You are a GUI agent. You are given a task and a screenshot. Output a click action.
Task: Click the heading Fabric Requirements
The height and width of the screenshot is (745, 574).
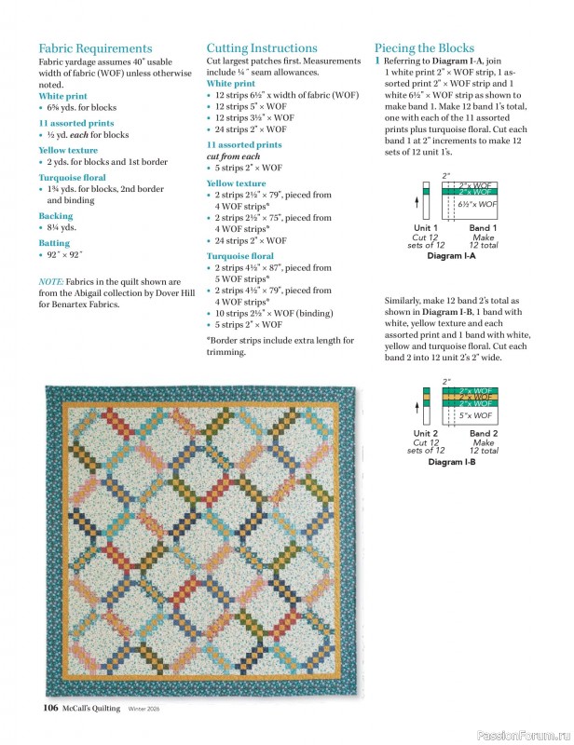pos(95,48)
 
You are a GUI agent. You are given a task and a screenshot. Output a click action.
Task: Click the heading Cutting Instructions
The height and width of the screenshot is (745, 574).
pos(262,48)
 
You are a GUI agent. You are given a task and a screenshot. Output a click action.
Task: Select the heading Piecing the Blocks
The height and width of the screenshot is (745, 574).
pos(424,48)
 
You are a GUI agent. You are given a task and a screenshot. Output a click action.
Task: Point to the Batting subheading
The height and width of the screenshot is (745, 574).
pos(56,242)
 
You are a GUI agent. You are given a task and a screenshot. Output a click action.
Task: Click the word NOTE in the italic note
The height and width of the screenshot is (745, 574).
pos(50,281)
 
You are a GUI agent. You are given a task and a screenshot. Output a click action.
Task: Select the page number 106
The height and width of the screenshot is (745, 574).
pos(51,709)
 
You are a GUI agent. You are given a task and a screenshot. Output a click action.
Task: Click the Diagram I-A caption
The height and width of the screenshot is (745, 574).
pos(451,255)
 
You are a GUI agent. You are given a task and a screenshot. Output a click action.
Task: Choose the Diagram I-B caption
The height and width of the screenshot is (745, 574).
pos(451,462)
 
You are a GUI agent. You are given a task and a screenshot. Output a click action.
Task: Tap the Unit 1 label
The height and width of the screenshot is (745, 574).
pos(426,228)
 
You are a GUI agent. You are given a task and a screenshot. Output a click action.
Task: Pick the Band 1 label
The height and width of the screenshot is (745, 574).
pos(483,228)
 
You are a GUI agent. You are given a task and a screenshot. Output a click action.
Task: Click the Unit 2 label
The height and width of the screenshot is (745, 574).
pos(426,434)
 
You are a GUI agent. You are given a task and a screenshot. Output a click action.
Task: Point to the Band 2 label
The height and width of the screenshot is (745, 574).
pos(484,434)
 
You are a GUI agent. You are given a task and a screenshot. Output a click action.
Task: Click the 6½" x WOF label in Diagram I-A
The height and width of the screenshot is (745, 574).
pos(477,204)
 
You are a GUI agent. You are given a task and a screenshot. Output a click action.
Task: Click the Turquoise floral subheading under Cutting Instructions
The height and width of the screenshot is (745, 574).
pos(239,256)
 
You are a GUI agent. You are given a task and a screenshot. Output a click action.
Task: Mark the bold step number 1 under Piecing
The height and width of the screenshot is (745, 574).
pos(377,61)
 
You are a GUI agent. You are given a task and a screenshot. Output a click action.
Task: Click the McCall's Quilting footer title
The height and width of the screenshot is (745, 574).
pos(92,709)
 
